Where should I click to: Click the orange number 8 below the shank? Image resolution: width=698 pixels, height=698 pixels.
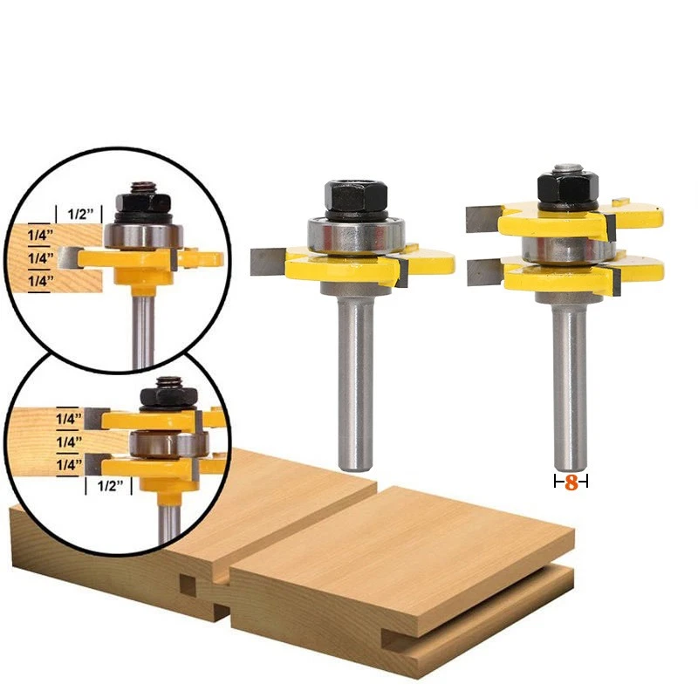coord(571,482)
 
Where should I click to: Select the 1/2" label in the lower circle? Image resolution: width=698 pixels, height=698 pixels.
coord(110,485)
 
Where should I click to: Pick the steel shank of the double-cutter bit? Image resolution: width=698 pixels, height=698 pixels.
coord(569,384)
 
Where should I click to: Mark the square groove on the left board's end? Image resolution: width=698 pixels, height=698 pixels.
coord(188,584)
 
